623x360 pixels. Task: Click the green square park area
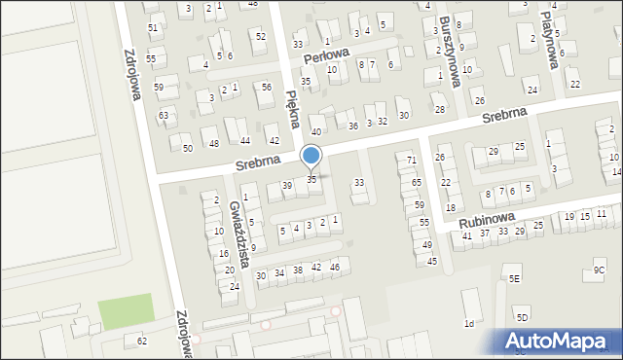pyautogui.click(x=126, y=310)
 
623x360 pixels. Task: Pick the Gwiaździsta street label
pyautogui.click(x=237, y=225)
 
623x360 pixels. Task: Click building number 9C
pyautogui.click(x=599, y=270)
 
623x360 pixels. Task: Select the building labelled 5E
pyautogui.click(x=514, y=278)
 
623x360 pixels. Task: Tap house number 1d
pyautogui.click(x=469, y=323)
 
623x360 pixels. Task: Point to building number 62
pyautogui.click(x=142, y=341)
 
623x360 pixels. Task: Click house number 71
pyautogui.click(x=412, y=160)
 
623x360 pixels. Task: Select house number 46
pyautogui.click(x=334, y=267)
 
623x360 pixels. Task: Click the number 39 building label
pyautogui.click(x=287, y=185)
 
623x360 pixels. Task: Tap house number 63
pyautogui.click(x=164, y=115)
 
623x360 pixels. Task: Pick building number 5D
pyautogui.click(x=522, y=317)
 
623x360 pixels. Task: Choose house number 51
pyautogui.click(x=152, y=28)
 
